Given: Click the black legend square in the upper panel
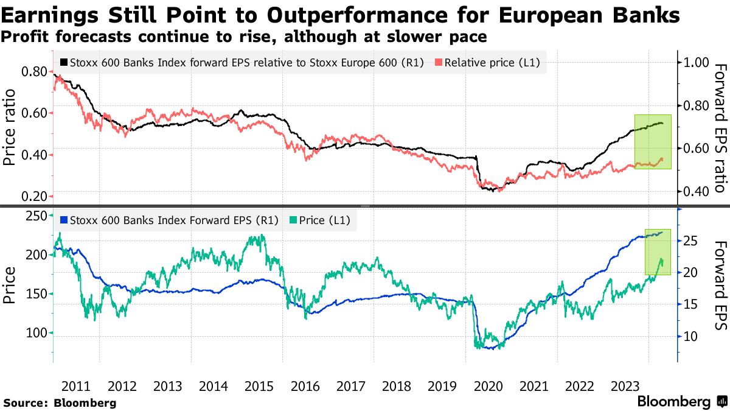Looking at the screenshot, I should (x=64, y=62).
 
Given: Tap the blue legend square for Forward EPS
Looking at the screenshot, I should (x=64, y=220).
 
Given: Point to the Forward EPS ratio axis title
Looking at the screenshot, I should (x=720, y=128).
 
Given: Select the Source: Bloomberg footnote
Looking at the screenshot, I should (x=60, y=402).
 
